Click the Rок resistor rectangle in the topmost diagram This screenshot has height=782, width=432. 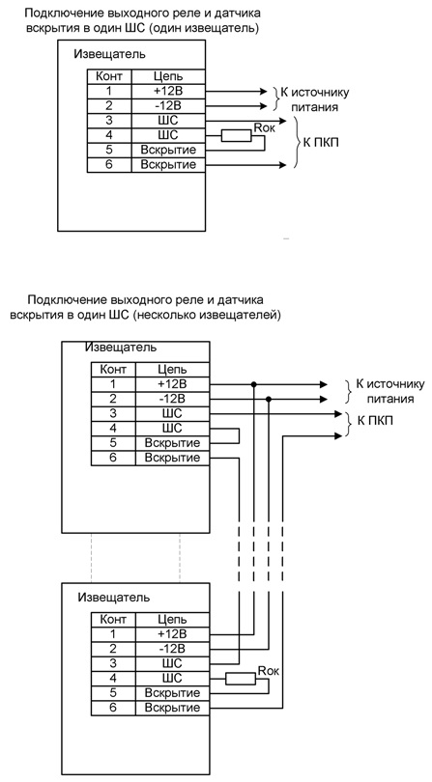[236, 135]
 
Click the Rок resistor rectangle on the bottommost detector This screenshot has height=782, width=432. [241, 679]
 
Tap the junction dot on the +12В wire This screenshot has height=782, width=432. [254, 384]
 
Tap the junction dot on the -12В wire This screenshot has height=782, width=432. [269, 399]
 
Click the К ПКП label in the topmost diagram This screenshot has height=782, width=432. [319, 142]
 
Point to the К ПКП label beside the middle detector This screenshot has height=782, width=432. [375, 421]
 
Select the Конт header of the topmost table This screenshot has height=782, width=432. [109, 77]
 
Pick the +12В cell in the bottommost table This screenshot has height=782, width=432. [172, 634]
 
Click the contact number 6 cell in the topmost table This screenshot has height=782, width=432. [109, 164]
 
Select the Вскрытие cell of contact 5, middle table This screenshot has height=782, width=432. [172, 443]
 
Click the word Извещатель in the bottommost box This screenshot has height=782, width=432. [114, 597]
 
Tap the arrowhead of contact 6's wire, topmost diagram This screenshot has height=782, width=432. [283, 164]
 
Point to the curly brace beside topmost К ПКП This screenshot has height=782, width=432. [297, 142]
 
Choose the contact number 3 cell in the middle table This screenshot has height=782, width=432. [113, 413]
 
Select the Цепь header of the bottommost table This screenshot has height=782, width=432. [172, 620]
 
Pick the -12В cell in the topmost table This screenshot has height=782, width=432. [168, 106]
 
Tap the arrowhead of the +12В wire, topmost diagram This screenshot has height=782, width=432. [264, 92]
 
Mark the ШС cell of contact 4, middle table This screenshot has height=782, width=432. [172, 429]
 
